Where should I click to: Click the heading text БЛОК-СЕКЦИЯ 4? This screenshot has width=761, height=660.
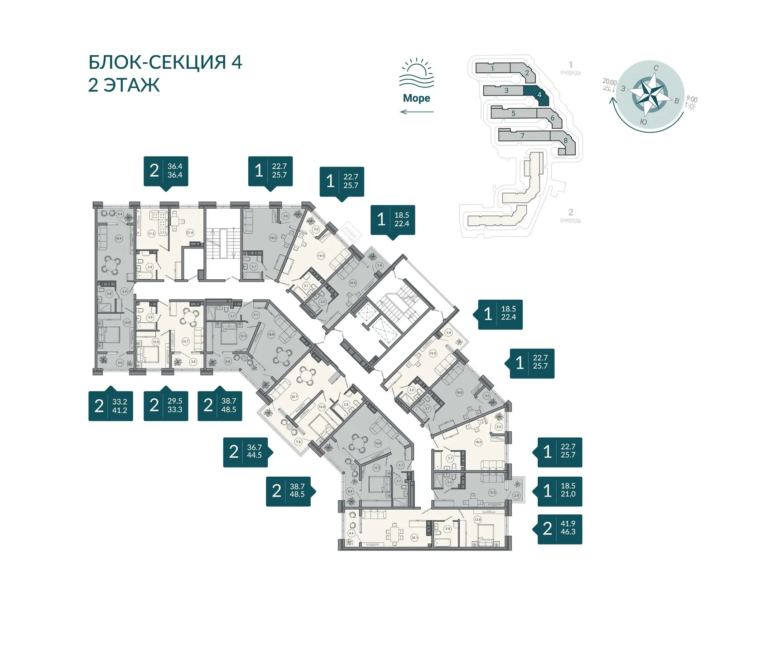point(165,62)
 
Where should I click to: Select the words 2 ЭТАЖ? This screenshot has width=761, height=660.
point(124,85)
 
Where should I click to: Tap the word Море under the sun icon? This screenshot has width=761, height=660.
point(416,98)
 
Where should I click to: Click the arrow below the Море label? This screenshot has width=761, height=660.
point(417,112)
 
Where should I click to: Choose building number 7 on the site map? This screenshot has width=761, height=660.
point(523,135)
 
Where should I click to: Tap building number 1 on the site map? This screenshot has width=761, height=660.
point(492,69)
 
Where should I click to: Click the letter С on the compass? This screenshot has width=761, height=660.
point(656,68)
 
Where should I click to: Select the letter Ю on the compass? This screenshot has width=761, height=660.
point(643,121)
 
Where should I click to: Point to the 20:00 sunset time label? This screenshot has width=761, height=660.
point(609,82)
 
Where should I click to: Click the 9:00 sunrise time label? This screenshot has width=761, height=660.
point(692,99)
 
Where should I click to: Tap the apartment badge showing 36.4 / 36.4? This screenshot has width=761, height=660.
point(166,171)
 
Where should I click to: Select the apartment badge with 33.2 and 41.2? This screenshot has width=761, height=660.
point(111,406)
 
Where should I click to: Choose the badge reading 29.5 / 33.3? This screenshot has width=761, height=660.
point(166,406)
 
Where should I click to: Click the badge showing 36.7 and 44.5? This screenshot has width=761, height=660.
point(246,452)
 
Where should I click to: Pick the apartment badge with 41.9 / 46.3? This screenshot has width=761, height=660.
point(559,528)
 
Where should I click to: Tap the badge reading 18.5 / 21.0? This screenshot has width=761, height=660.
point(559,490)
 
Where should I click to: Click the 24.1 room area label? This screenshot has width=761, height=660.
point(414,538)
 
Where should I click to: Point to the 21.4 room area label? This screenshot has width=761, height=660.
point(190,233)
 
